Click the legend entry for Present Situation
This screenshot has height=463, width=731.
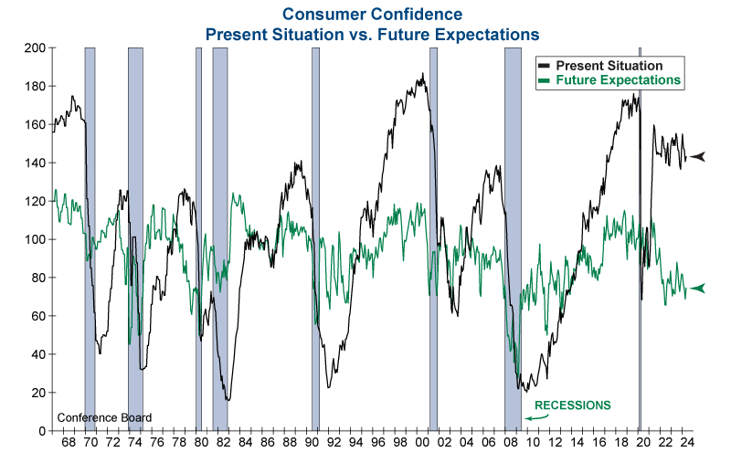pos(609,66)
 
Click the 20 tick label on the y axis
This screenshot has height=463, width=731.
pos(37,393)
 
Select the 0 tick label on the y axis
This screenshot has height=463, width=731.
pos(40,431)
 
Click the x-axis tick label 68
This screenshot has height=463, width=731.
pos(69,445)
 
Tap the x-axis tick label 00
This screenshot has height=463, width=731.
pos(421,445)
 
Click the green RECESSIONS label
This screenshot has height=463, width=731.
pos(572,405)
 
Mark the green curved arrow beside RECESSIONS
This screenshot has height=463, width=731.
pos(536,416)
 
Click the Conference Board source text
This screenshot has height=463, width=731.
pos(104,418)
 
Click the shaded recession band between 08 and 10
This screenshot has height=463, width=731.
pos(513,237)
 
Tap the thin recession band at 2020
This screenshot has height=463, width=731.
pos(640,237)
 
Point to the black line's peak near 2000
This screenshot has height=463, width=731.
pos(422,75)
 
